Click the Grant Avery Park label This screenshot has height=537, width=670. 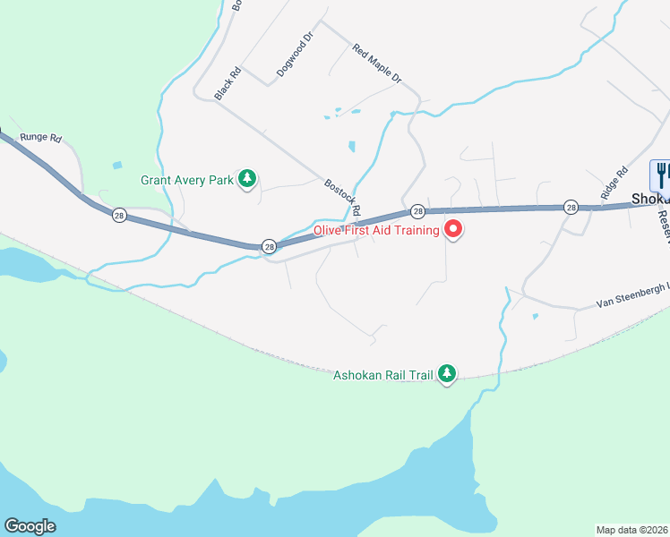click(x=187, y=180)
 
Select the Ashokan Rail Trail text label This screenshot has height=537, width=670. click(x=385, y=375)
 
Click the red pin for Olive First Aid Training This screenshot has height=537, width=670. click(x=453, y=230)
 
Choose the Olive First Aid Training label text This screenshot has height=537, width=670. click(x=376, y=230)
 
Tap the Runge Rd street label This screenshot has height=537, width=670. click(x=41, y=139)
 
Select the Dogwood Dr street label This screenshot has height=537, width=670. click(x=294, y=55)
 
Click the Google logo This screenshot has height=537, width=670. click(x=30, y=526)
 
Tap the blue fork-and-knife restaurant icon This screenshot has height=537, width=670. click(x=661, y=172)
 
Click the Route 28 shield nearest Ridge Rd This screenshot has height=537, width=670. click(x=571, y=208)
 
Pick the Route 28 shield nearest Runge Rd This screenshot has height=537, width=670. click(x=118, y=215)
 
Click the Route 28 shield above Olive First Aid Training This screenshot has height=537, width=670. click(x=417, y=211)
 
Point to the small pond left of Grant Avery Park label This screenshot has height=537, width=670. click(x=117, y=165)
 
